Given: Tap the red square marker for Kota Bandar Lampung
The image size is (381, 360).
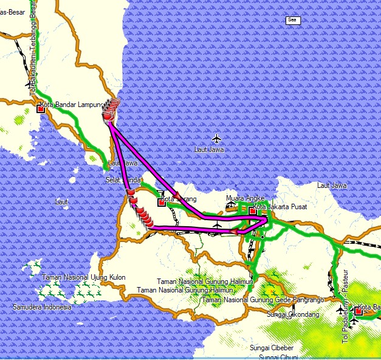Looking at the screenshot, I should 41,109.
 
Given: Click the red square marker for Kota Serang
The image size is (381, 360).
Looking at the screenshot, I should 162,202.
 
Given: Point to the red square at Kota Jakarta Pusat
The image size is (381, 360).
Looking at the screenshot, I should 252,211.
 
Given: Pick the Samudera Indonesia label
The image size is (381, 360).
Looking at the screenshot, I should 43,308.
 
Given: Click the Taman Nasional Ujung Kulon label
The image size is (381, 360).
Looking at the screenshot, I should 84,277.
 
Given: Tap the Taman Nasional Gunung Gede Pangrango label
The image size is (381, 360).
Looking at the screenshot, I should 263,300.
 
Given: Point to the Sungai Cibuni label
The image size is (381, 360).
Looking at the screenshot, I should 276,356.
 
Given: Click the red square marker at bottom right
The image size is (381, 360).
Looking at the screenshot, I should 358,311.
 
